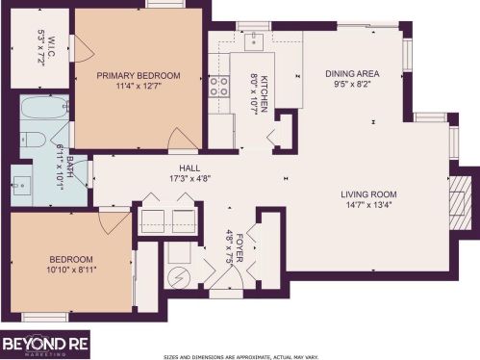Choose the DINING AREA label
tap(351, 73)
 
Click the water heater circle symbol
tap(177, 279)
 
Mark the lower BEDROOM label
tap(72, 259)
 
